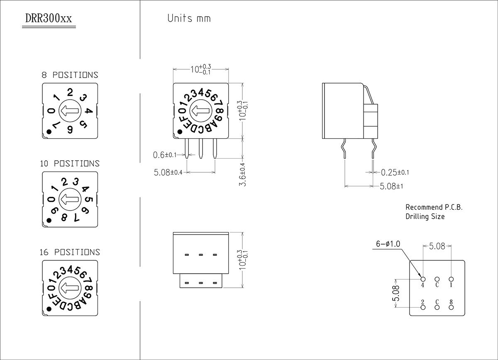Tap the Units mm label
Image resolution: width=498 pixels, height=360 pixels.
click(x=189, y=18)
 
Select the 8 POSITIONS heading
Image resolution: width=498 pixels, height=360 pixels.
click(x=70, y=75)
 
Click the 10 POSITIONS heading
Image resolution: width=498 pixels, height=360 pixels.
click(x=70, y=164)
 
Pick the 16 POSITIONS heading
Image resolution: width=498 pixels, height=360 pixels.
click(x=70, y=252)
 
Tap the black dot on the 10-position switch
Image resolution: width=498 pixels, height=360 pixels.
click(x=49, y=220)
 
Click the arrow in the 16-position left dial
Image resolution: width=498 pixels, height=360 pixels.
click(x=70, y=287)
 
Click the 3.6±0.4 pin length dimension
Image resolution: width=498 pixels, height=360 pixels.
click(x=243, y=174)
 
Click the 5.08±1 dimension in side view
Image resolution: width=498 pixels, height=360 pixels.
click(x=391, y=186)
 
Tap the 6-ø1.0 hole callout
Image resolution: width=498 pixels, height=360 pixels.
click(x=388, y=244)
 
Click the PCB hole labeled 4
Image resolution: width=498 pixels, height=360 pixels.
click(x=423, y=279)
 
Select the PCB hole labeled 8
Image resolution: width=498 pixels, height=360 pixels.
click(x=451, y=307)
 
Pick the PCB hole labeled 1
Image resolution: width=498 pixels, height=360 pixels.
click(x=451, y=279)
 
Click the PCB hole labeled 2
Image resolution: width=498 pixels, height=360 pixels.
click(x=423, y=307)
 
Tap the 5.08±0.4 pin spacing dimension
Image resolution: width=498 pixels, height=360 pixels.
click(x=168, y=172)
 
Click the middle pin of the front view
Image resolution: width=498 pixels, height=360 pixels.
click(x=201, y=147)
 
